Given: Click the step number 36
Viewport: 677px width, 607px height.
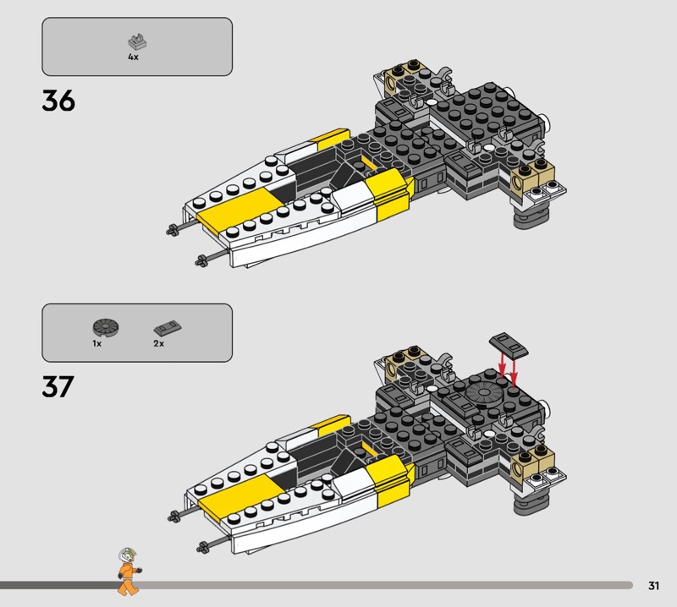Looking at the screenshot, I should pos(58,101).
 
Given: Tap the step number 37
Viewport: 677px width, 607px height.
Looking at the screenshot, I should pos(58,386).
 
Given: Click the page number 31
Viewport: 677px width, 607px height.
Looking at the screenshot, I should pos(653,585).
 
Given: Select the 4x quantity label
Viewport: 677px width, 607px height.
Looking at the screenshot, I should pos(133,57).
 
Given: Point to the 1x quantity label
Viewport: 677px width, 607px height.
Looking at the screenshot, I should pos(97,344).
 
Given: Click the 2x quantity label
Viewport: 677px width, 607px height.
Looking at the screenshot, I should pos(158,344).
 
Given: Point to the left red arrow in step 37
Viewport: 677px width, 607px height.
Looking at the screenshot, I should pos(501,366).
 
